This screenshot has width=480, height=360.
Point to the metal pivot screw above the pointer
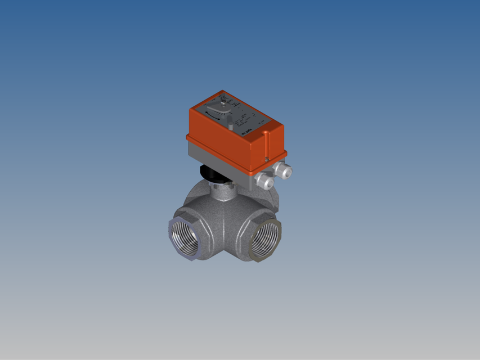(223, 102)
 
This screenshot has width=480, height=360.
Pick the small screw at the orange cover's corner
(267, 159)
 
